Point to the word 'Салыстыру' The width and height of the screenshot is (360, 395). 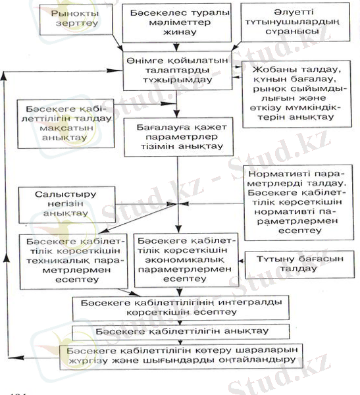(x=59, y=194)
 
